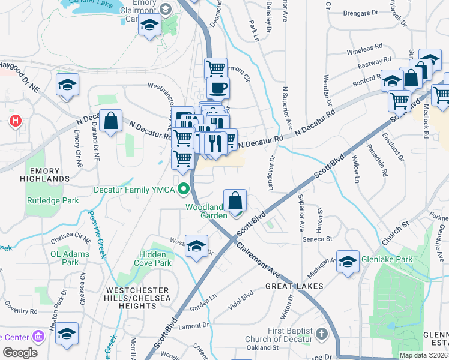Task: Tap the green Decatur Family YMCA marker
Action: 184,190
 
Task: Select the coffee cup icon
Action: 217,88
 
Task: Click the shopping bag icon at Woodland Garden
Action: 236,200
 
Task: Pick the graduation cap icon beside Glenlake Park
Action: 347,261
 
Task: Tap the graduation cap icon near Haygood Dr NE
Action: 68,85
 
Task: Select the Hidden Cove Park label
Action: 148,259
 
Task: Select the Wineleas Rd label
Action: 364,46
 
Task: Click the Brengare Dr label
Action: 361,13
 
